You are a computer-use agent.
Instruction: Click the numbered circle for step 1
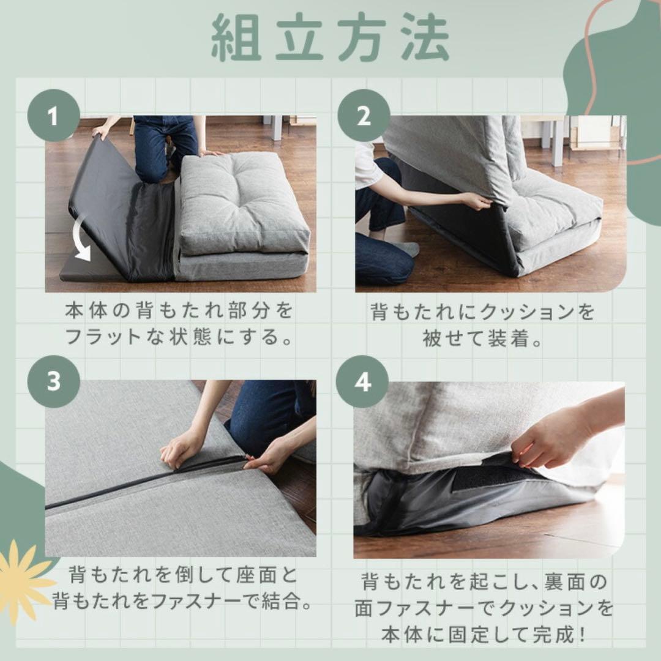click(53, 115)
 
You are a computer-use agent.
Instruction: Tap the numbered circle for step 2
click(364, 115)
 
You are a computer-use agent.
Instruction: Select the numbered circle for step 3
click(53, 381)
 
